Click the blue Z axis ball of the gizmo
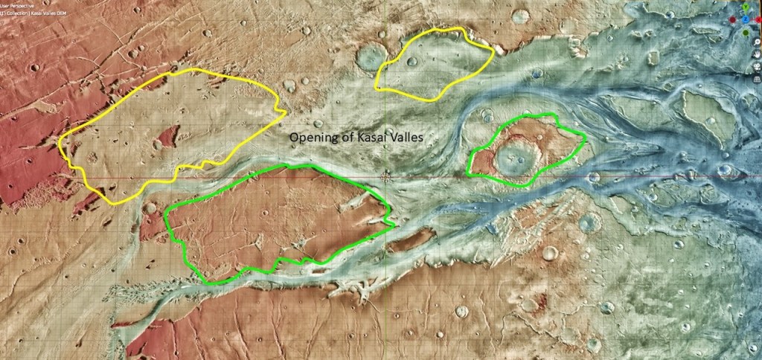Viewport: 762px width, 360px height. pyautogui.click(x=746, y=19)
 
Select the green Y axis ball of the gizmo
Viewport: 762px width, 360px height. pyautogui.click(x=746, y=7)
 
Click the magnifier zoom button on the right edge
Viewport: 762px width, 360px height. pyautogui.click(x=756, y=41)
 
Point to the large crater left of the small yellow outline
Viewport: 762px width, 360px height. pyautogui.click(x=370, y=56)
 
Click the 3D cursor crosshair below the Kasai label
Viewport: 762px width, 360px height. pyautogui.click(x=385, y=177)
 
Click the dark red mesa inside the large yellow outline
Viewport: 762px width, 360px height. pyautogui.click(x=167, y=137)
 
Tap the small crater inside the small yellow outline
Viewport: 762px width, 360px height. pyautogui.click(x=412, y=62)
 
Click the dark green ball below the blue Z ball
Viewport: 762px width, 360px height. pyautogui.click(x=746, y=33)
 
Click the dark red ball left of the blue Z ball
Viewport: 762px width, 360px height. pyautogui.click(x=732, y=19)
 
